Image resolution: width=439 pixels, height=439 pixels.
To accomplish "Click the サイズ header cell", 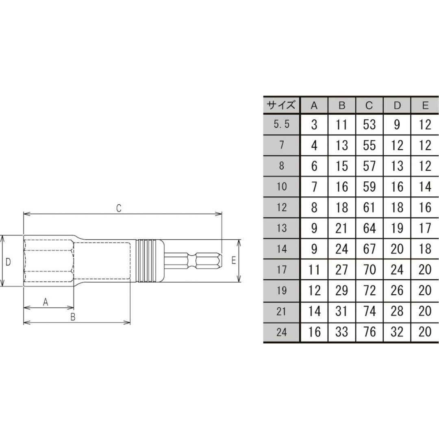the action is (x=281, y=105).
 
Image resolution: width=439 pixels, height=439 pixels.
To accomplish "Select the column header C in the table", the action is (x=369, y=105).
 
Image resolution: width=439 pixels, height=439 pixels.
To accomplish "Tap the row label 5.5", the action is (x=282, y=124).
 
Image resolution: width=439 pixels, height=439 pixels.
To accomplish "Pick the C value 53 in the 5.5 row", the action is (x=369, y=124).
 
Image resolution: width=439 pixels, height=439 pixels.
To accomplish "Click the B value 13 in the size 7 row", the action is (x=341, y=145).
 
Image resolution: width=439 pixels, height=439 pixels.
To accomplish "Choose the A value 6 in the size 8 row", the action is (x=314, y=166).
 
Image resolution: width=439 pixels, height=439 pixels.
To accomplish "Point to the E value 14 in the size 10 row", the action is (x=425, y=187).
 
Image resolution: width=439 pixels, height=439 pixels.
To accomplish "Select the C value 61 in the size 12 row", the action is (x=369, y=207).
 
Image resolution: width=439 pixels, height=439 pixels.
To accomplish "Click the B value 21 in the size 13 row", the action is (x=341, y=228).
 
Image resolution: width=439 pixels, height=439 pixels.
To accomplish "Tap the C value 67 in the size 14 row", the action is (x=369, y=249).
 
